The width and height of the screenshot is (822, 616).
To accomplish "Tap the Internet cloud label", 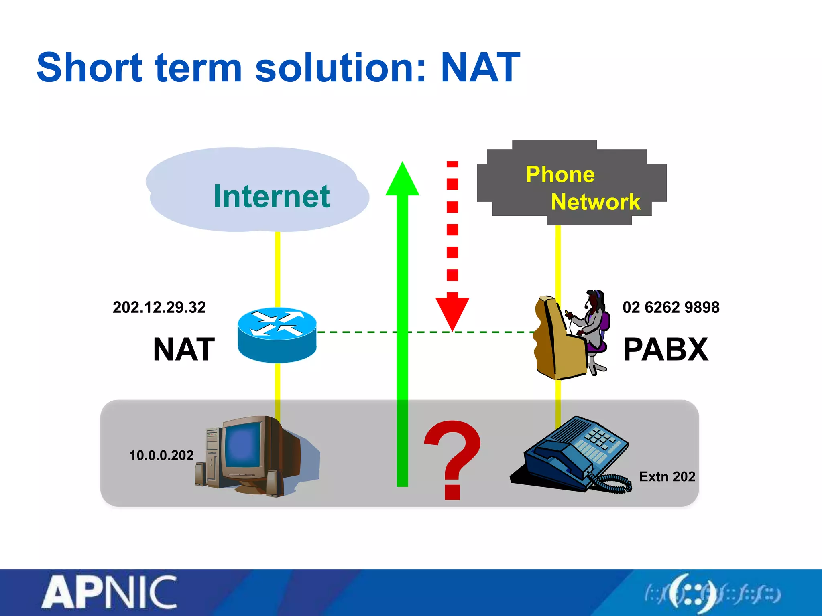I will click(x=271, y=196).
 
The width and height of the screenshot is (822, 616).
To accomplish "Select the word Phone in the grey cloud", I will click(x=560, y=174).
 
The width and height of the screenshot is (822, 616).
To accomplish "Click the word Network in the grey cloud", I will click(x=596, y=201).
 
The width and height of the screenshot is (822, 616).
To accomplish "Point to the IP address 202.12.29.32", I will click(x=159, y=308).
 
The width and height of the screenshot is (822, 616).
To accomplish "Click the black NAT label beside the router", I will click(x=184, y=349).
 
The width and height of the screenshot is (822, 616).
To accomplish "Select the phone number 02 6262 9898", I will click(x=671, y=308).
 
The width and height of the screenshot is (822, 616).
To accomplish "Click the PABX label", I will click(x=666, y=349).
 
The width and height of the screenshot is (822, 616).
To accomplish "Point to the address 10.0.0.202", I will click(x=161, y=456).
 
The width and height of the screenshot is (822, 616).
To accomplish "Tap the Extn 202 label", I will click(x=667, y=476).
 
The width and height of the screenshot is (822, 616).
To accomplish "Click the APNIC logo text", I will click(x=109, y=593).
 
